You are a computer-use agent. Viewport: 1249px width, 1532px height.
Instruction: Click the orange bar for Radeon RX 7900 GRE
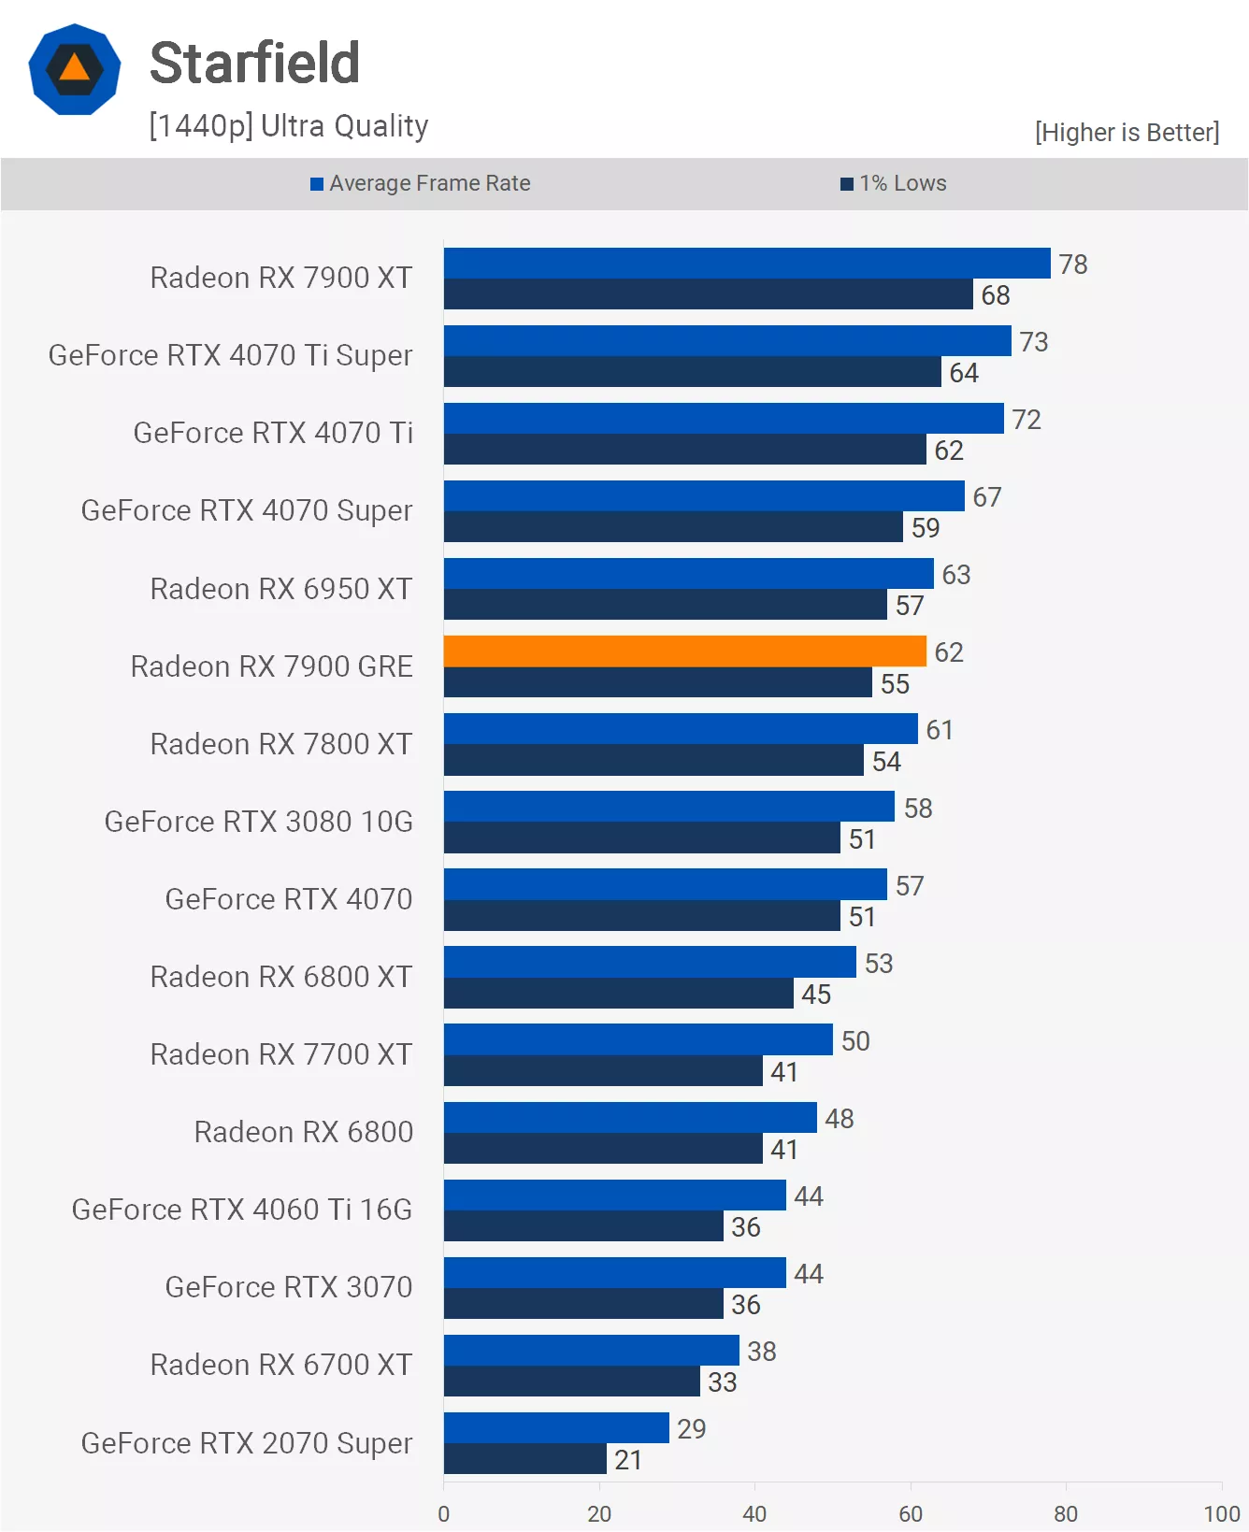[x=684, y=651]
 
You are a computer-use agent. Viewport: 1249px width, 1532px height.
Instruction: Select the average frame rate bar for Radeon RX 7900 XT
[x=746, y=264]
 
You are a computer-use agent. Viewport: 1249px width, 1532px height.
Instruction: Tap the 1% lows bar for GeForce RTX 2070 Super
[x=524, y=1459]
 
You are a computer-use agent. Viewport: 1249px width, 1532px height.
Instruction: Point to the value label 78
[x=1072, y=265]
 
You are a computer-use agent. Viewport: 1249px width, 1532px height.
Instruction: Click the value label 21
[x=628, y=1460]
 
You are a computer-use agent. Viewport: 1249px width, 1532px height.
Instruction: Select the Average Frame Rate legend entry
[x=421, y=183]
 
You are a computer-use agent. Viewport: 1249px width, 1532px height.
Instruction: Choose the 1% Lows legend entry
[x=894, y=183]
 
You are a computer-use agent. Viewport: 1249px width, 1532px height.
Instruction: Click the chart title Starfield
[x=254, y=64]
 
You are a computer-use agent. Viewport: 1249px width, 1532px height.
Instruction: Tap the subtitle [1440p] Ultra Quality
[x=288, y=126]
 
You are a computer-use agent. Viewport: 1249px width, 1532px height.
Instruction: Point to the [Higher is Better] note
[x=1127, y=133]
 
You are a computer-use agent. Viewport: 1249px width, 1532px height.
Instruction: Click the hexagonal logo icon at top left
[x=75, y=70]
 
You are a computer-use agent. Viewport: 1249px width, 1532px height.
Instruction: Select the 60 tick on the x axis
[x=910, y=1513]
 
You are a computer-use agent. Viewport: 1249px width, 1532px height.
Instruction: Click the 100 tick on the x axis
[x=1221, y=1513]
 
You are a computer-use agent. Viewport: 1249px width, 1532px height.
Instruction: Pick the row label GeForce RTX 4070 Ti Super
[x=230, y=356]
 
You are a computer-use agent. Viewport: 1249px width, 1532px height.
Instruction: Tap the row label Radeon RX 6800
[x=303, y=1132]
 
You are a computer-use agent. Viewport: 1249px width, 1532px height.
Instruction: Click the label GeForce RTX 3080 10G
[x=258, y=822]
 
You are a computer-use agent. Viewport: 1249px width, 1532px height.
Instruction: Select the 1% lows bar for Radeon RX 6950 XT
[x=665, y=605]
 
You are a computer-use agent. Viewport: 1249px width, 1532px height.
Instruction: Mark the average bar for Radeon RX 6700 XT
[x=591, y=1351]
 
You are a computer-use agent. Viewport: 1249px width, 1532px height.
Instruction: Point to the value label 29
[x=691, y=1429]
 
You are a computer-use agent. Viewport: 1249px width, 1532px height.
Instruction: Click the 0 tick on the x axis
[x=443, y=1513]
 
